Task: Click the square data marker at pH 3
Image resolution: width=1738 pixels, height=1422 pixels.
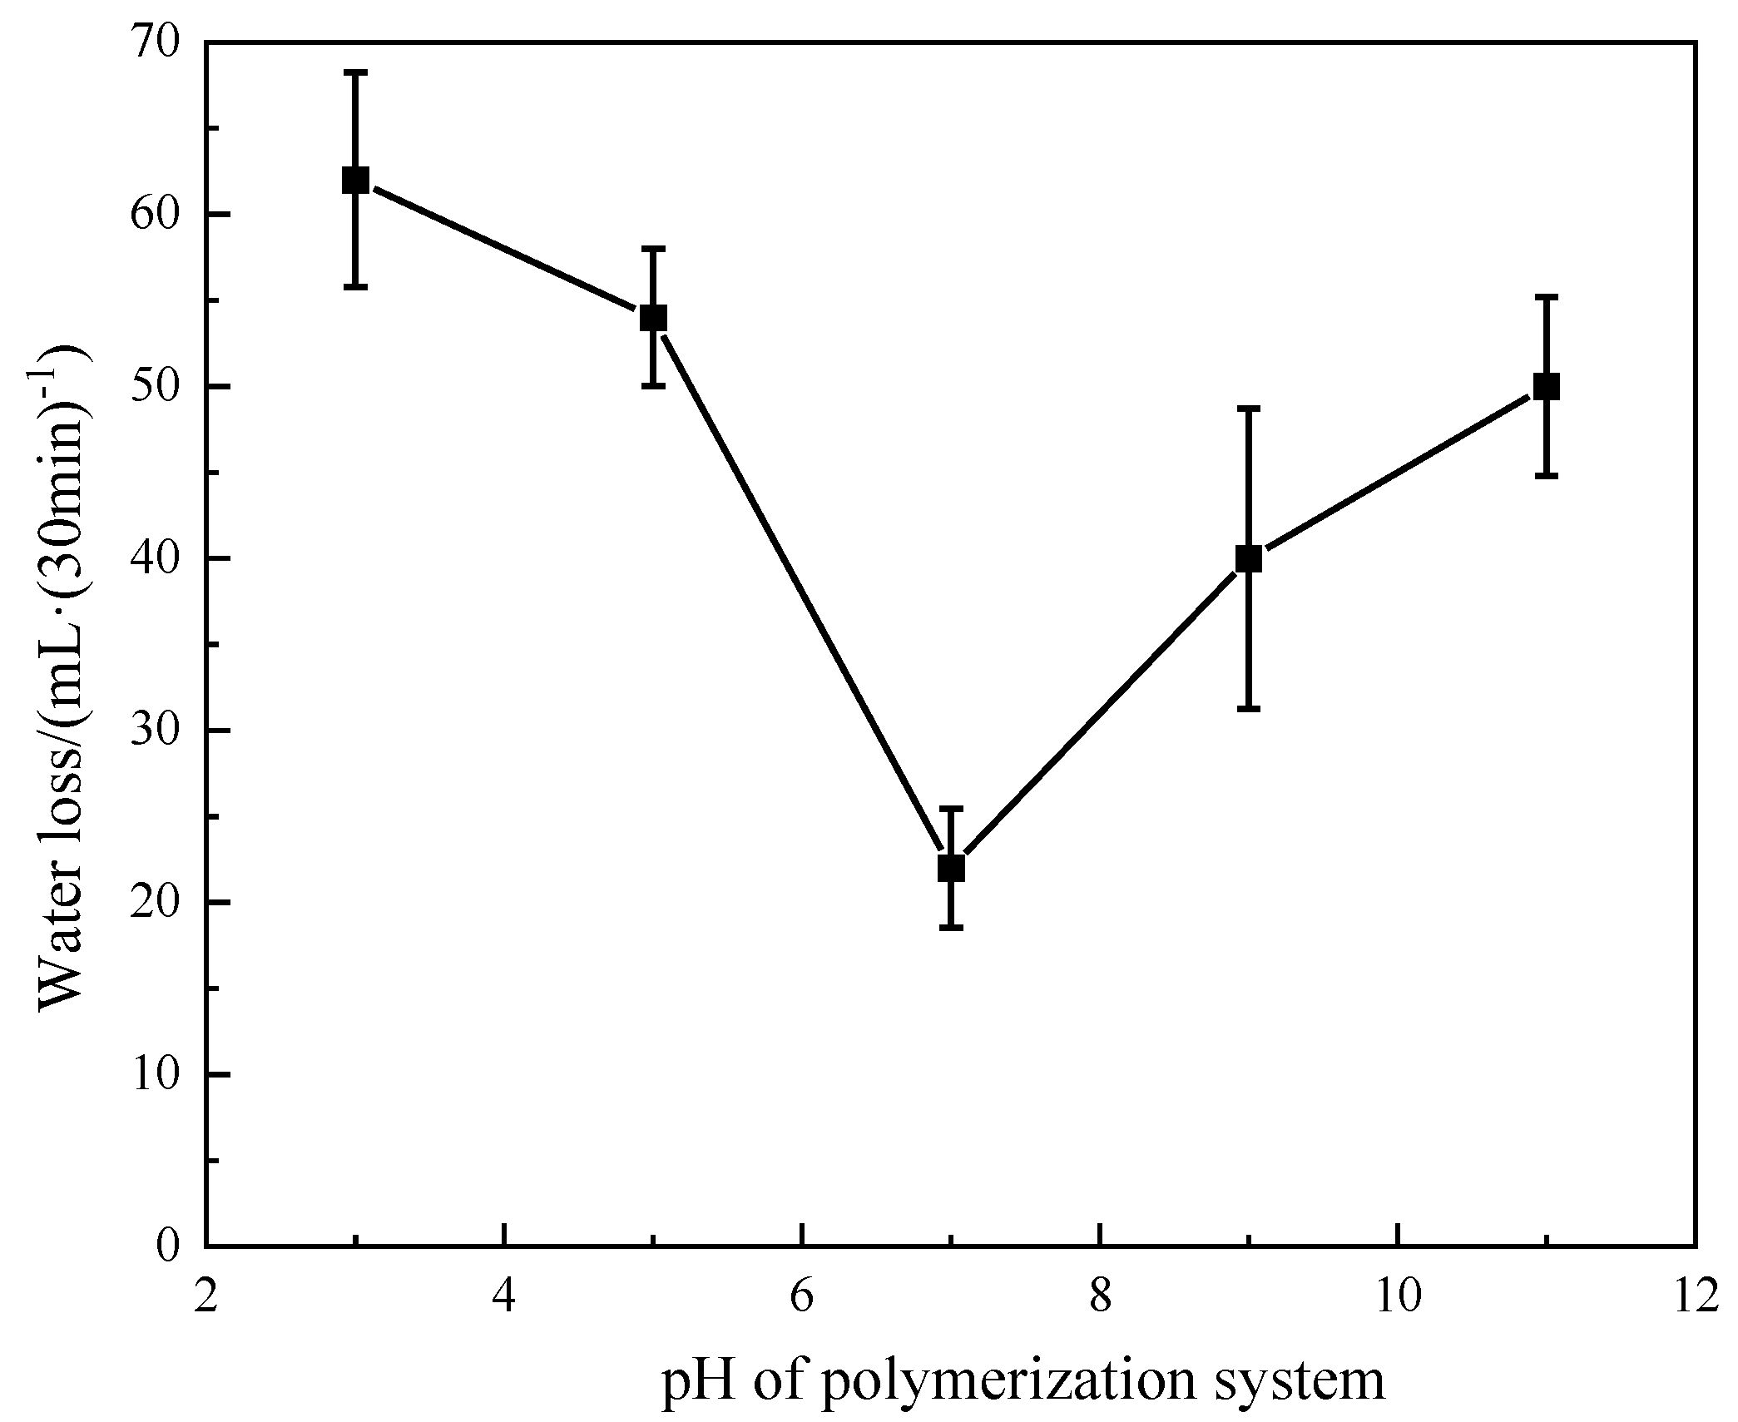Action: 355,180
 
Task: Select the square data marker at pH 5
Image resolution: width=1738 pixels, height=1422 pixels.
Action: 653,317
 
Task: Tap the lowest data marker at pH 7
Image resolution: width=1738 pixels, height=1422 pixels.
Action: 951,868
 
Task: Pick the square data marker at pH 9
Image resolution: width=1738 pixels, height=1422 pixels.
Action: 1249,558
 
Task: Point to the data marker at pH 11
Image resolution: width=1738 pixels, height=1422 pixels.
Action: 1546,386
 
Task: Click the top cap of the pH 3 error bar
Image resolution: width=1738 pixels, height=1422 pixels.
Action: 355,73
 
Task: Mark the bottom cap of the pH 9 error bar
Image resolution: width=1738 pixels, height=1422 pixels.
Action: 1249,708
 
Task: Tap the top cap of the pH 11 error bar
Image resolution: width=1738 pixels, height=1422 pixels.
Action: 1546,296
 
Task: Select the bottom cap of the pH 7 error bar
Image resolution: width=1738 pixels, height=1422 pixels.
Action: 951,927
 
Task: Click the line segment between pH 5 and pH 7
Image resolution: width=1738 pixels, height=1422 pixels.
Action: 802,592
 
